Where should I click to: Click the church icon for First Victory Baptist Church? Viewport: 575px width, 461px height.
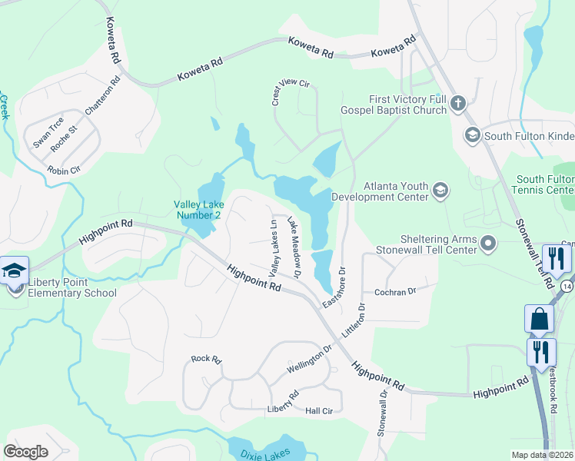[x=458, y=104]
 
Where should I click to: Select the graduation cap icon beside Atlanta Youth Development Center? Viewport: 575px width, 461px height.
[x=440, y=190]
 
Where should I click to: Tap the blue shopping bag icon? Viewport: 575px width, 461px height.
[x=539, y=319]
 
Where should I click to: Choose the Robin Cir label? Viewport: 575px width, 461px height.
[x=63, y=170]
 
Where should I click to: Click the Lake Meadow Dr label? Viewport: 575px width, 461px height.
[x=294, y=246]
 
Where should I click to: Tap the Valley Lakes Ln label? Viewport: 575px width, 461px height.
[x=272, y=248]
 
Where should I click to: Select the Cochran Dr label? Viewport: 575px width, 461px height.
[x=394, y=292]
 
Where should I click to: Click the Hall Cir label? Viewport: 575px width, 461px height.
[x=319, y=412]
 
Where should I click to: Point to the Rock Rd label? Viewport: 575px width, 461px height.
[x=206, y=359]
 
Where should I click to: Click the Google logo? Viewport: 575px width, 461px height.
[x=25, y=451]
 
